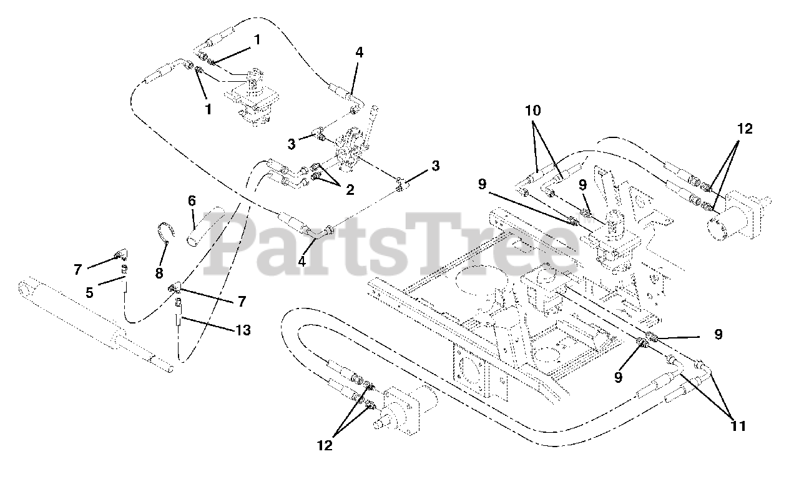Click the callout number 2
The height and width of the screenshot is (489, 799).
point(350,190)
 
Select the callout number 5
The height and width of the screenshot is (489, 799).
point(90,292)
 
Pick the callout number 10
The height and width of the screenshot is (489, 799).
point(533,112)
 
